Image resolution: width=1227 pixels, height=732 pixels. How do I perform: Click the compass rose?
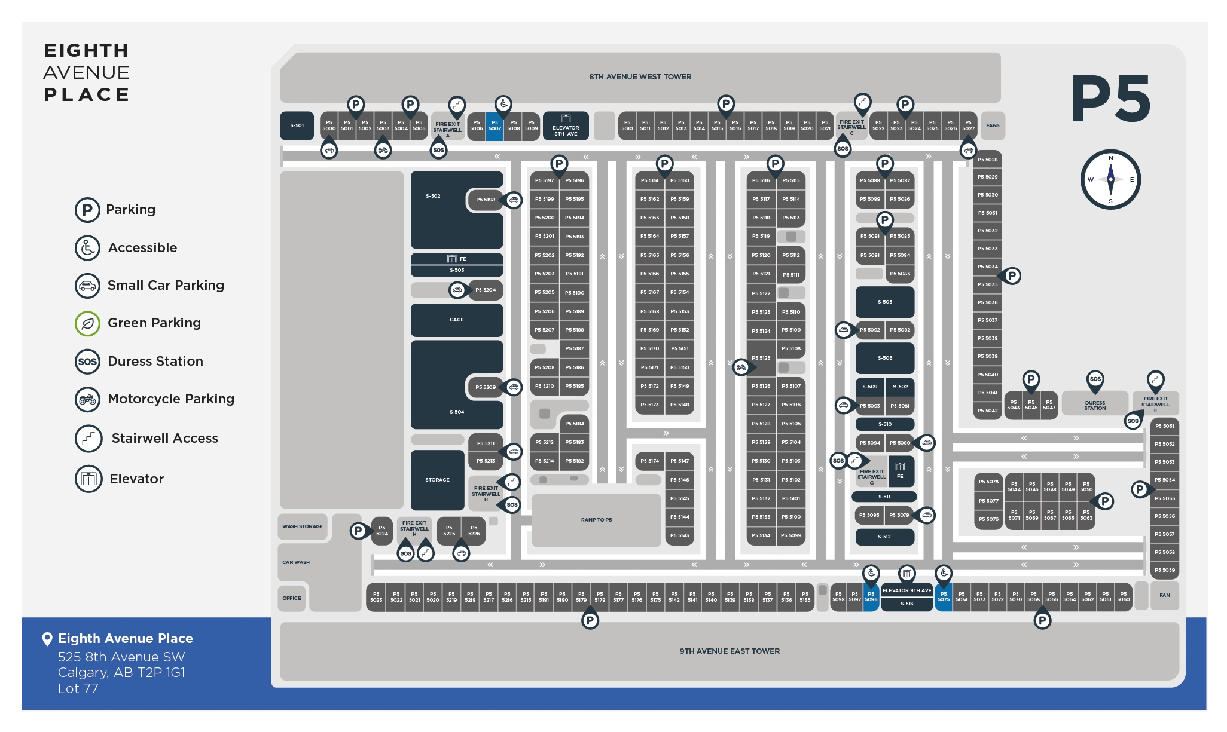(x=1110, y=179)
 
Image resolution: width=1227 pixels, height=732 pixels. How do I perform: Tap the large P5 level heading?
(x=1110, y=99)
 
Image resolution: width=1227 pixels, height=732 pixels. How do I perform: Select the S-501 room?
(x=297, y=126)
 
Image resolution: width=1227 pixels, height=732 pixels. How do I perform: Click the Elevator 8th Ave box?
(x=566, y=126)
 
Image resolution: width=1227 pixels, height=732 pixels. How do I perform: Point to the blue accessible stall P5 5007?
(x=495, y=126)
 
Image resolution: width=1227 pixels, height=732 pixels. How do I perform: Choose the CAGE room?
(x=457, y=320)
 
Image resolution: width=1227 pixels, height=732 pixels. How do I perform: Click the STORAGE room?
(x=437, y=480)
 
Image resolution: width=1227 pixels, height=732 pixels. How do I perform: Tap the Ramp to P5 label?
(x=596, y=520)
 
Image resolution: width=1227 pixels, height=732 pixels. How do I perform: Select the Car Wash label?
(x=296, y=562)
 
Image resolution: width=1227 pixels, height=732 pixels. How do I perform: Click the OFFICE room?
(x=292, y=598)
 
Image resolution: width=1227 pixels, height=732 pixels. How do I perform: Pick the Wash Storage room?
(x=303, y=526)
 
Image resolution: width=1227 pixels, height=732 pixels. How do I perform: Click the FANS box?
(x=993, y=126)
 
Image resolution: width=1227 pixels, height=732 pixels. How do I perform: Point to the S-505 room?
(x=885, y=302)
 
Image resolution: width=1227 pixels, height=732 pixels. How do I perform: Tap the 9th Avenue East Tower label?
(x=730, y=651)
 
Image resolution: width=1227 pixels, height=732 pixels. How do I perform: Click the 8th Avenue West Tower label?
(x=640, y=77)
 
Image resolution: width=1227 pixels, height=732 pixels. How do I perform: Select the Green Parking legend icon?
(x=87, y=324)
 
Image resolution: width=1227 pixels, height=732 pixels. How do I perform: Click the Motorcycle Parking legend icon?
(x=87, y=399)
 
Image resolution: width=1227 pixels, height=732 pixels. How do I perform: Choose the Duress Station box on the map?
(x=1095, y=405)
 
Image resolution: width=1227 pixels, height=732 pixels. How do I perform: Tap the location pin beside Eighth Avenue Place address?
(x=47, y=639)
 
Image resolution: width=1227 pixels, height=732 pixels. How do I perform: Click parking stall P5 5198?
(x=486, y=200)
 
